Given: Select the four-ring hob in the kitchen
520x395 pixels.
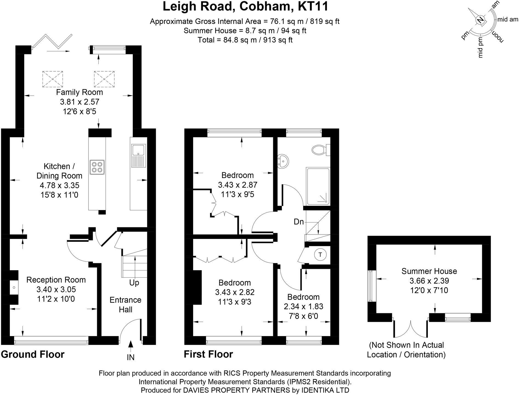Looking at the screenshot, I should [x=97, y=167].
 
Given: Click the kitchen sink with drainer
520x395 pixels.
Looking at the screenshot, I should [x=139, y=156].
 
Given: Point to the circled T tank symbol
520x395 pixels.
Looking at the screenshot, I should [x=320, y=255].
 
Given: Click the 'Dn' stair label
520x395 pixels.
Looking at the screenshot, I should [x=299, y=222].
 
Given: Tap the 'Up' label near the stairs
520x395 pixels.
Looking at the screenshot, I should [x=134, y=283].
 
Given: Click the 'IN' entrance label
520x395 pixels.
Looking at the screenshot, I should [x=131, y=357].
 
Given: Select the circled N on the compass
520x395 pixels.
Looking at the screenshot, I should [x=480, y=20].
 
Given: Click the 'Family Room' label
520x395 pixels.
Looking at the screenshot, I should [x=80, y=92].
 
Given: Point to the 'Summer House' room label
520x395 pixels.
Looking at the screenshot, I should [x=429, y=271].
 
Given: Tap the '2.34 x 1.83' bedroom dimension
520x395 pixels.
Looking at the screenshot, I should [x=303, y=306].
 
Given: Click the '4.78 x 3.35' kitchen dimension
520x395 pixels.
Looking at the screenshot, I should [x=59, y=185].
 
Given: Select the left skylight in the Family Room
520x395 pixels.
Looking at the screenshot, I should [x=53, y=79].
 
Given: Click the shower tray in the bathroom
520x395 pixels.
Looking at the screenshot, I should [x=318, y=187].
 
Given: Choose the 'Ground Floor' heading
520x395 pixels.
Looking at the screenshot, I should [x=33, y=354].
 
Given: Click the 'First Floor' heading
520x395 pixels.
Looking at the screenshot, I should [x=208, y=354].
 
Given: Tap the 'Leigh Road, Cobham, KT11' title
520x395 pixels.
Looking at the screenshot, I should [x=245, y=7].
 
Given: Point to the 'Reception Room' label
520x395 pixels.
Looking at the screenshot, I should [x=56, y=280].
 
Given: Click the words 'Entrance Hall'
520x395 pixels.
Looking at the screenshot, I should [x=125, y=305].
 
